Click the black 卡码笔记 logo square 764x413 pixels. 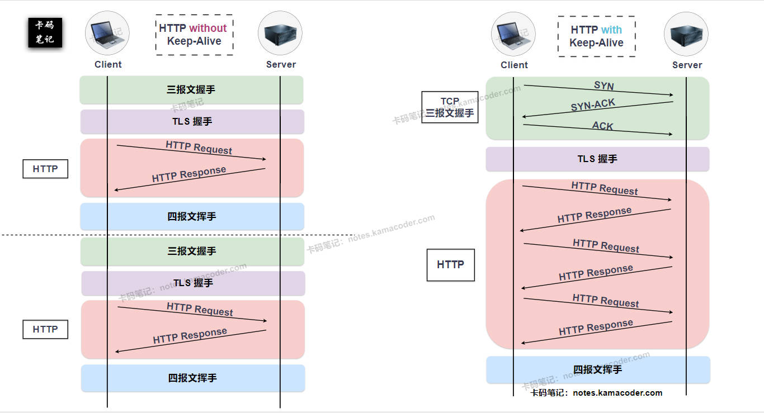(x=45, y=32)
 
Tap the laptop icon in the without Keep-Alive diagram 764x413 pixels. (x=107, y=33)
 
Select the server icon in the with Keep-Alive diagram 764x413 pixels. (x=686, y=34)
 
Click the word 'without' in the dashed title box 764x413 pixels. (x=207, y=29)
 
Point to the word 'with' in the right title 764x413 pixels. (x=611, y=30)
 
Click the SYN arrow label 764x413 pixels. (x=603, y=86)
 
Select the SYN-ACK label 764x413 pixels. (x=593, y=105)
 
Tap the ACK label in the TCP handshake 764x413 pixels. (x=602, y=126)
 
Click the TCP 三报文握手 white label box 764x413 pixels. (x=450, y=107)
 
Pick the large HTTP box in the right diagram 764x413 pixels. (x=450, y=265)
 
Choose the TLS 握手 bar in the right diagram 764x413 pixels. (x=597, y=159)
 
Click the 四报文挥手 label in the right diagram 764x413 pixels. (x=597, y=370)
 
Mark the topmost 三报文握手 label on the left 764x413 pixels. (x=191, y=90)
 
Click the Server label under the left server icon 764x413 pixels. (x=281, y=64)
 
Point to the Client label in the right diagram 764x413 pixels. (x=514, y=65)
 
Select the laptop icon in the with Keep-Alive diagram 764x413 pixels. (x=513, y=34)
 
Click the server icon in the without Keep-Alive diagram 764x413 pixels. (x=280, y=33)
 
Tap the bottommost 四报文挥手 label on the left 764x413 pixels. (x=192, y=378)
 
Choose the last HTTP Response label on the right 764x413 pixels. (x=596, y=327)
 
